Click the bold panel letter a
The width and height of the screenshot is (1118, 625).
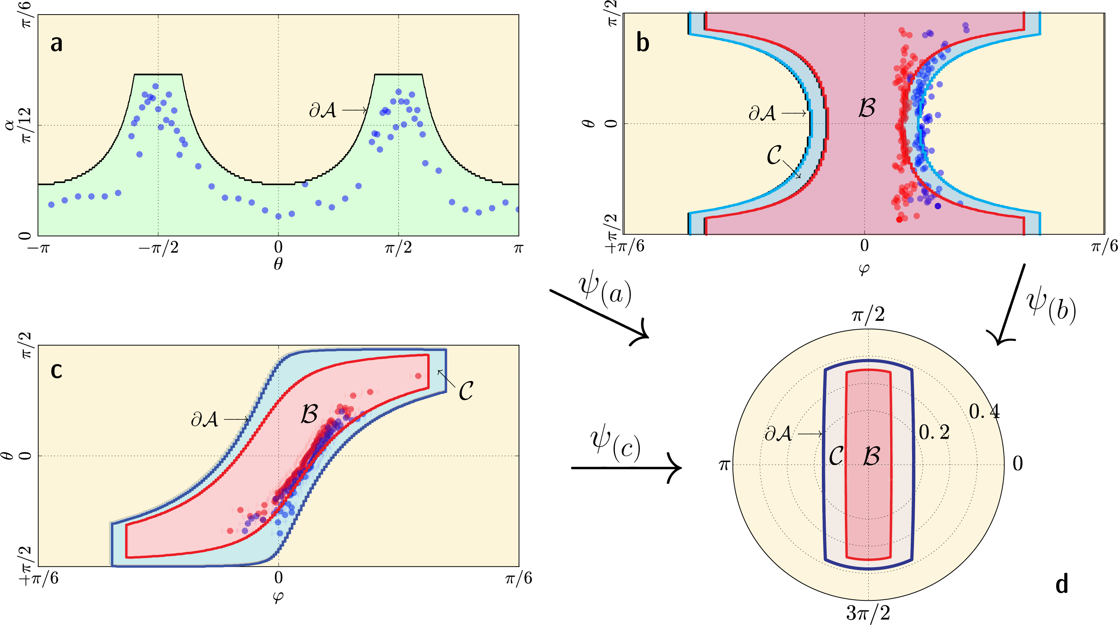click(56, 43)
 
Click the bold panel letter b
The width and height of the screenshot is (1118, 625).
click(643, 43)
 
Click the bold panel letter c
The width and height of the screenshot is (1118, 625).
click(56, 370)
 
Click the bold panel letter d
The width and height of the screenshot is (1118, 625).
click(1062, 584)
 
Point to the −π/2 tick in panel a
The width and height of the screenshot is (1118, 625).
click(158, 248)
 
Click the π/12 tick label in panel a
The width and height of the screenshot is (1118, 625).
click(26, 125)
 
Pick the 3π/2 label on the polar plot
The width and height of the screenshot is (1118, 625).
click(868, 613)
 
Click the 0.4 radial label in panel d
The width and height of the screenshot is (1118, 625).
click(984, 411)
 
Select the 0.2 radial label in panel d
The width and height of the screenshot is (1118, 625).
click(934, 432)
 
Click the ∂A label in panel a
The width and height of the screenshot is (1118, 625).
click(323, 110)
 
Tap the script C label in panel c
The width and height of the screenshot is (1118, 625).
click(466, 391)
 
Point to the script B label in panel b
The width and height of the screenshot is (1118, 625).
click(867, 108)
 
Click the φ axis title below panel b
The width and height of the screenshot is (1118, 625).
click(864, 269)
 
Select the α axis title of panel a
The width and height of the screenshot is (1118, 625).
click(10, 125)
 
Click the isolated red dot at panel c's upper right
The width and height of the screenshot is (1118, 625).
click(418, 376)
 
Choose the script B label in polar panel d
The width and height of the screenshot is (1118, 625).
click(871, 456)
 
